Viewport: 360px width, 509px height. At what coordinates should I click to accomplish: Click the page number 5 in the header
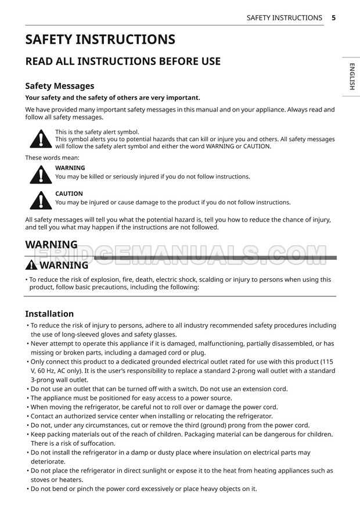[x=334, y=18]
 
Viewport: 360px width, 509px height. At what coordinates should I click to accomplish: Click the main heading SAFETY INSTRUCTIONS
[x=100, y=40]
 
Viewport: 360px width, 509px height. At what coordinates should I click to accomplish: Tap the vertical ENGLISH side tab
[x=352, y=77]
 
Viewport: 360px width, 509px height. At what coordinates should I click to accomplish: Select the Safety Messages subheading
[x=59, y=86]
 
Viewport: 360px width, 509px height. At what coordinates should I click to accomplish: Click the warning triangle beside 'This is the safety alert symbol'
[x=40, y=138]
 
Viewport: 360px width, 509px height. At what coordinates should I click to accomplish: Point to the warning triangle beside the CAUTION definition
[x=40, y=199]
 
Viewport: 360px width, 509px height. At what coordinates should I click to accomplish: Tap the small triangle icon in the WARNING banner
[x=31, y=266]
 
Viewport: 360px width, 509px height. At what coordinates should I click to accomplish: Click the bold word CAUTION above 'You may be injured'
[x=69, y=193]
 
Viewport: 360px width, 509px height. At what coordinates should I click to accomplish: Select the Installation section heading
[x=49, y=314]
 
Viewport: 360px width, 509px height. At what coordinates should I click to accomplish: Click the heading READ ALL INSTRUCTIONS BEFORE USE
[x=123, y=61]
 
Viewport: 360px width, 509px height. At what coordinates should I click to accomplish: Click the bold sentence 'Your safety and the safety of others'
[x=113, y=98]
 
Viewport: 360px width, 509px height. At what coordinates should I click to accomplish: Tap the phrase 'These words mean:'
[x=52, y=157]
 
